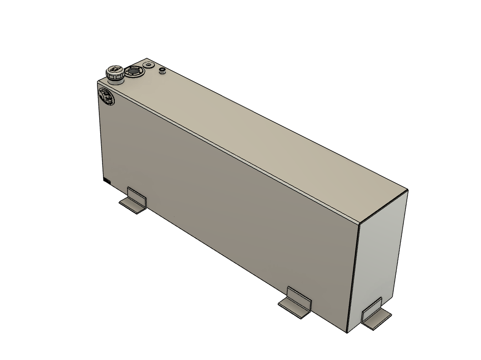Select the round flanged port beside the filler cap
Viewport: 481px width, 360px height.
click(134, 71)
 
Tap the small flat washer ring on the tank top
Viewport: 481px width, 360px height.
click(148, 65)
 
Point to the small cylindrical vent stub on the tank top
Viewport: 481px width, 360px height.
click(162, 70)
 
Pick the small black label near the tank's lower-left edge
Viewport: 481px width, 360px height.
click(107, 181)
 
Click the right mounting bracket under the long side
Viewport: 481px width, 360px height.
click(296, 303)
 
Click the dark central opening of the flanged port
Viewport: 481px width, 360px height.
click(134, 71)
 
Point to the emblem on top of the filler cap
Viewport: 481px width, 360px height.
click(114, 70)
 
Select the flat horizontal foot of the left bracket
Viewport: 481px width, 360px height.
click(131, 206)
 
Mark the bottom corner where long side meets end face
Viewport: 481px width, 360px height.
click(347, 332)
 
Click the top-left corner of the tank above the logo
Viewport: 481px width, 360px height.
click(98, 82)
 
